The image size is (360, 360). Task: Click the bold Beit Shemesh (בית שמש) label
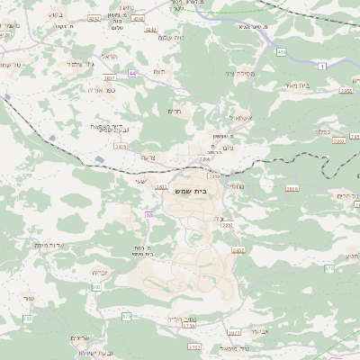coord(207,190)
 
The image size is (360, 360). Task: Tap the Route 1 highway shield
coord(321,65)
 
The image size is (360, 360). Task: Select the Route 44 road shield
coord(133,73)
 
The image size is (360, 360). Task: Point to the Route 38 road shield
coord(148,215)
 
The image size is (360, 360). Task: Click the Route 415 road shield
coord(282,53)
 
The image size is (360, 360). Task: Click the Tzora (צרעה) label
coord(148,157)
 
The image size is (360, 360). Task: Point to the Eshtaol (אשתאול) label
coord(242,118)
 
